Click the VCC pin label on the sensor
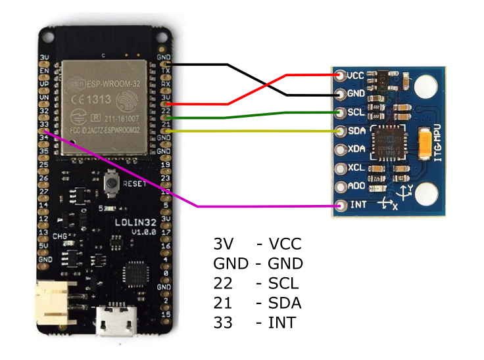coord(356,76)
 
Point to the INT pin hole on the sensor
coord(340,206)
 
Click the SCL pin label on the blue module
coord(356,112)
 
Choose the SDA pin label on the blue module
coord(356,131)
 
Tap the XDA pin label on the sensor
coord(356,149)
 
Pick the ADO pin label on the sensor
coord(356,187)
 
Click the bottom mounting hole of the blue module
coord(427,195)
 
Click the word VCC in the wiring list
coord(285,244)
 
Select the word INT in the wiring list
coord(282,323)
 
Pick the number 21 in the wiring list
coord(224,303)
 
